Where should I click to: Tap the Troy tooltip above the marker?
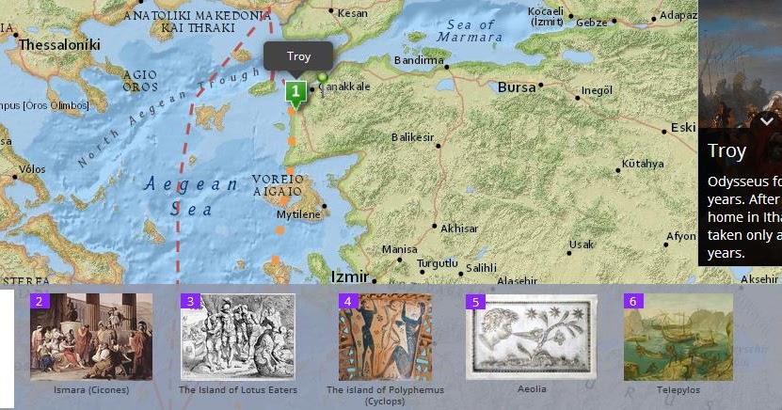(297, 56)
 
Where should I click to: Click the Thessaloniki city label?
(53, 44)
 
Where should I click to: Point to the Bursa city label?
(516, 87)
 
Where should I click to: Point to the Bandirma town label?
(418, 60)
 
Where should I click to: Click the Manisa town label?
(398, 250)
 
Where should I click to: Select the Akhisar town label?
(459, 229)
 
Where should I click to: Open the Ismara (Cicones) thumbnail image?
(90, 337)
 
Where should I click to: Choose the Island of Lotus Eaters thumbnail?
(237, 337)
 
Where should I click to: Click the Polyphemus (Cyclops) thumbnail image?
(385, 337)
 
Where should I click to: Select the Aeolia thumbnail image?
(531, 337)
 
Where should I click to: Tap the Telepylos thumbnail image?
(678, 337)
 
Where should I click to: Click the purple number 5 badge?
(475, 302)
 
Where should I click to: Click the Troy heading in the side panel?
(726, 151)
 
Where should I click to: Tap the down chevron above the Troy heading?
(766, 121)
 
